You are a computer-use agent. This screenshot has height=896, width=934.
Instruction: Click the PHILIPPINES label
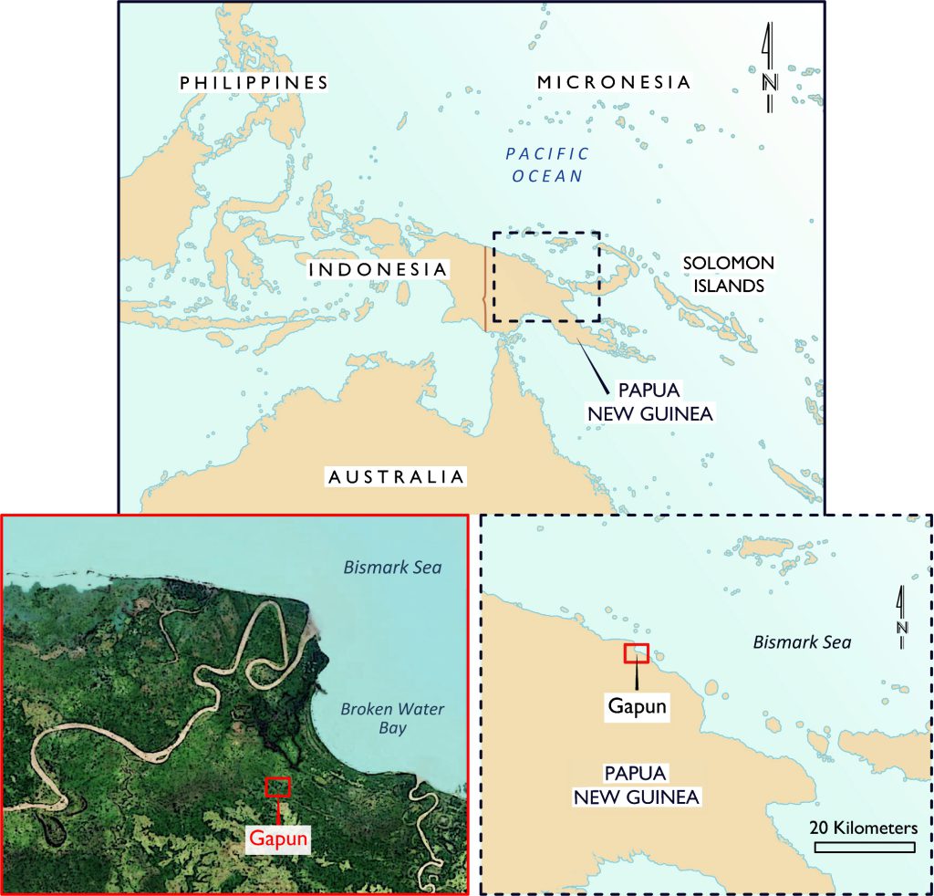pyautogui.click(x=254, y=83)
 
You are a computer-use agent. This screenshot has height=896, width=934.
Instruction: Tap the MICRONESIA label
pyautogui.click(x=614, y=83)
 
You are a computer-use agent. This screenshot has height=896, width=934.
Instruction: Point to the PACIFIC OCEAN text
pyautogui.click(x=547, y=164)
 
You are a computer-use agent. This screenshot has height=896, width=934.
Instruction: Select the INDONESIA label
pyautogui.click(x=378, y=270)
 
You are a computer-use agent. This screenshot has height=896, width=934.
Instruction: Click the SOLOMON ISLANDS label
pyautogui.click(x=728, y=274)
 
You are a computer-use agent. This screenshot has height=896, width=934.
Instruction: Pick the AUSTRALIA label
pyautogui.click(x=396, y=476)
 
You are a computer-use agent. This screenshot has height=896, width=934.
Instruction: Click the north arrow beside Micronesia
pyautogui.click(x=770, y=73)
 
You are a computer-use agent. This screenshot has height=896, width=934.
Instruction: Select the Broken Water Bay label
pyautogui.click(x=373, y=719)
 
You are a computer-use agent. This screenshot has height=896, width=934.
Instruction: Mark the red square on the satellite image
pyautogui.click(x=276, y=786)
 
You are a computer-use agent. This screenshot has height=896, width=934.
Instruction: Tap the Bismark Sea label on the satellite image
pyautogui.click(x=392, y=568)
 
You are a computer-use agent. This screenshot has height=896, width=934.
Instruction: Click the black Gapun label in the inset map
pyautogui.click(x=637, y=705)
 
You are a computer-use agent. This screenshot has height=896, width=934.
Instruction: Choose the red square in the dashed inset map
pyautogui.click(x=636, y=653)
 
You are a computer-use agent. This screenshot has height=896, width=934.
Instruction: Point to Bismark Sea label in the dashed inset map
pyautogui.click(x=802, y=642)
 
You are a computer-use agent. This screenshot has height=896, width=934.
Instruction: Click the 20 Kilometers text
pyautogui.click(x=864, y=828)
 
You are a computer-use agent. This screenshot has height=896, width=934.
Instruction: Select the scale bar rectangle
pyautogui.click(x=864, y=848)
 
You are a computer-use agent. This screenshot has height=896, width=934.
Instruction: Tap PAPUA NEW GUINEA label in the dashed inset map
pyautogui.click(x=636, y=786)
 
